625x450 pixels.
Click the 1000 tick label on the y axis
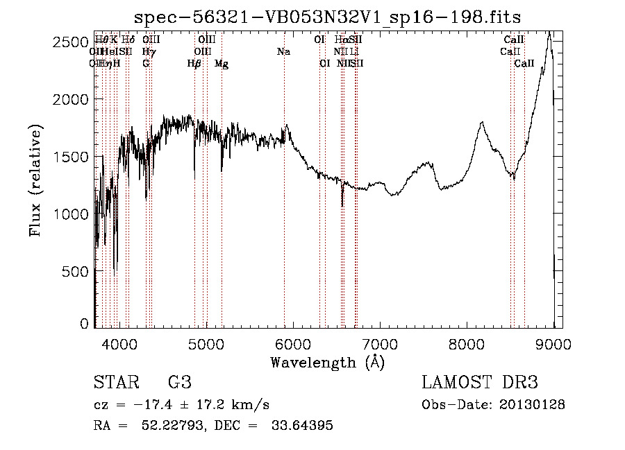pos(71,214)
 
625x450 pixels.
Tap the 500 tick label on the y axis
pos(76,272)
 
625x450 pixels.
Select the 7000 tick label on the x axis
pos(379,343)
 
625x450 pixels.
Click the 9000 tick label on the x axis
pos(553,343)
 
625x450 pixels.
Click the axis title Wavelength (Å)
pos(327,362)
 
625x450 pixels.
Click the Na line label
pos(283,52)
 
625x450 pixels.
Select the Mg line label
pos(222,64)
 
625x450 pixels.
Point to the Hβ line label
pos(194,64)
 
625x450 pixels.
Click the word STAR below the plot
pos(115,382)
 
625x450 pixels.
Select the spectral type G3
pos(179,382)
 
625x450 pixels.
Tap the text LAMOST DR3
pos(480,382)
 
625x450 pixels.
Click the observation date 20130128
pos(535,404)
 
